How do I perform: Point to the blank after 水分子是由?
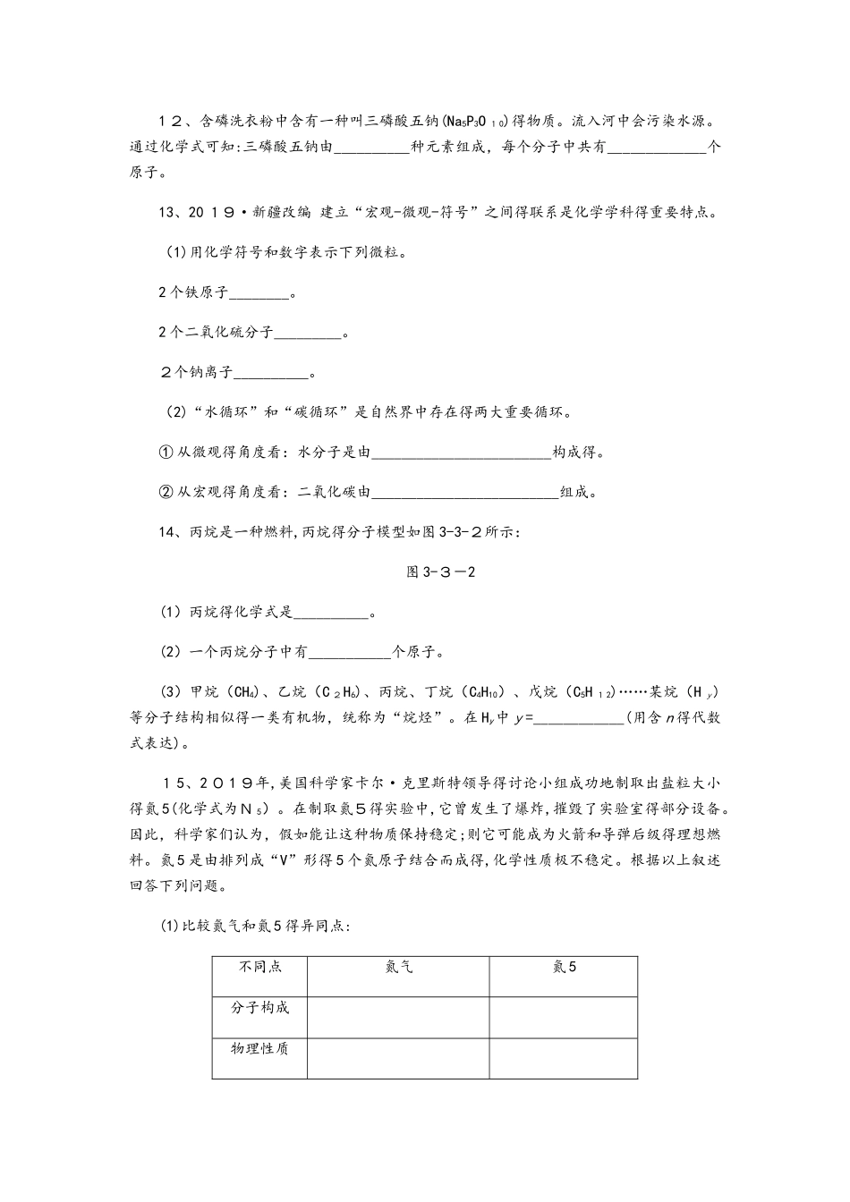(461, 453)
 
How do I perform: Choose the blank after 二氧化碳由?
(465, 492)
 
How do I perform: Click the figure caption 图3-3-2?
(440, 572)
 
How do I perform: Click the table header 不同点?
(259, 968)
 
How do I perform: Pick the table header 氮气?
(398, 968)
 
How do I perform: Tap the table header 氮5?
(564, 968)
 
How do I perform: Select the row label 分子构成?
(259, 1008)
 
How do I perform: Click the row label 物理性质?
(259, 1048)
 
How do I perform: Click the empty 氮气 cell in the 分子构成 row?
(398, 1017)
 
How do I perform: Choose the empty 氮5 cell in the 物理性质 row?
(564, 1058)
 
